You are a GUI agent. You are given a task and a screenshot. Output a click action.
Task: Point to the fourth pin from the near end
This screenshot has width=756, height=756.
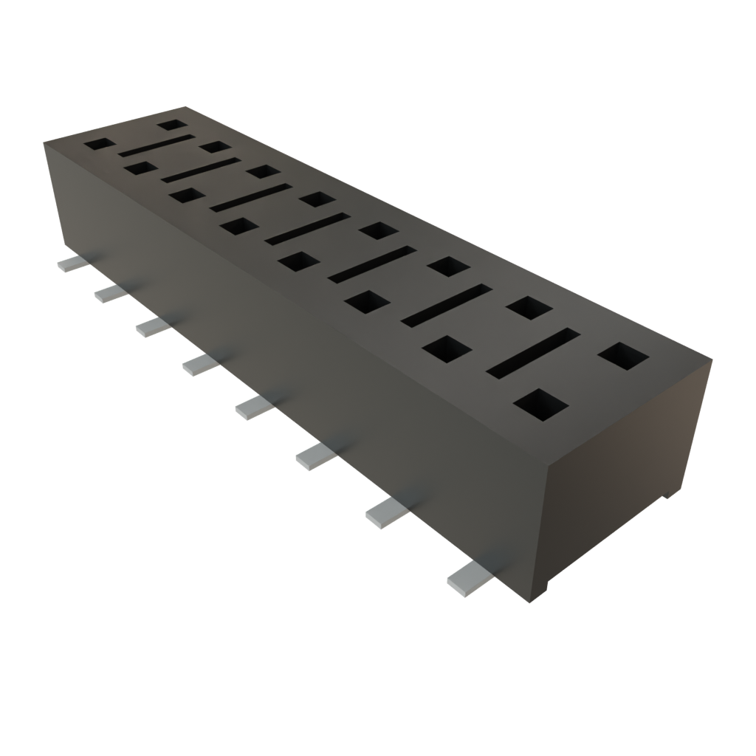pyautogui.click(x=252, y=408)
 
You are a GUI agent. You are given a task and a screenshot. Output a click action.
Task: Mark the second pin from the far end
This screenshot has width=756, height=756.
pyautogui.click(x=109, y=293)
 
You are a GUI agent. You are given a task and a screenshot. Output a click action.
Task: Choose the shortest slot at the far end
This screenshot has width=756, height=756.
pyautogui.click(x=157, y=145)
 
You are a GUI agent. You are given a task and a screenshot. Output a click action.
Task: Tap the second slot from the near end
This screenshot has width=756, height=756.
pyautogui.click(x=447, y=304)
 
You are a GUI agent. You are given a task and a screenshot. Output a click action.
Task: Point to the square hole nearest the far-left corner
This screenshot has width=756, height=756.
pyautogui.click(x=100, y=145)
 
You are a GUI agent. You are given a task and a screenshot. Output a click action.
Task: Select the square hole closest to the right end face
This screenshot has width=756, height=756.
pyautogui.click(x=623, y=357)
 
